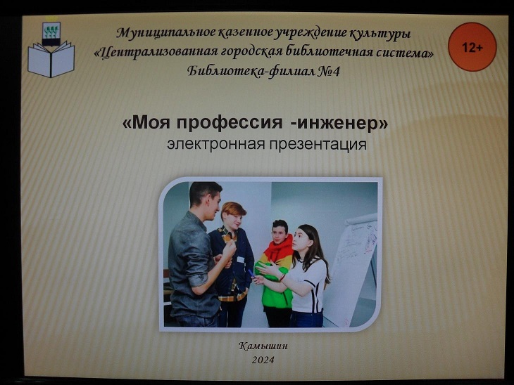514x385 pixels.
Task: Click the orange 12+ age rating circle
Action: (472, 47)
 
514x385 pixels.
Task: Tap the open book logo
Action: (51, 59)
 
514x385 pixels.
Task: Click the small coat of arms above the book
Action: (51, 34)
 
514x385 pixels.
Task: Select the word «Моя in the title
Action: (146, 123)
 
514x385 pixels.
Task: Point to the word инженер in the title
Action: (341, 124)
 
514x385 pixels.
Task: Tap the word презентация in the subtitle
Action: (318, 145)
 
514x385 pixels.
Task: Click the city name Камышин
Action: (263, 346)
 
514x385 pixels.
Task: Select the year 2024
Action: (263, 360)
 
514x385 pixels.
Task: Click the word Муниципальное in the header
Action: (165, 33)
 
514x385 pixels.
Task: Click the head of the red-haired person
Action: (233, 214)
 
